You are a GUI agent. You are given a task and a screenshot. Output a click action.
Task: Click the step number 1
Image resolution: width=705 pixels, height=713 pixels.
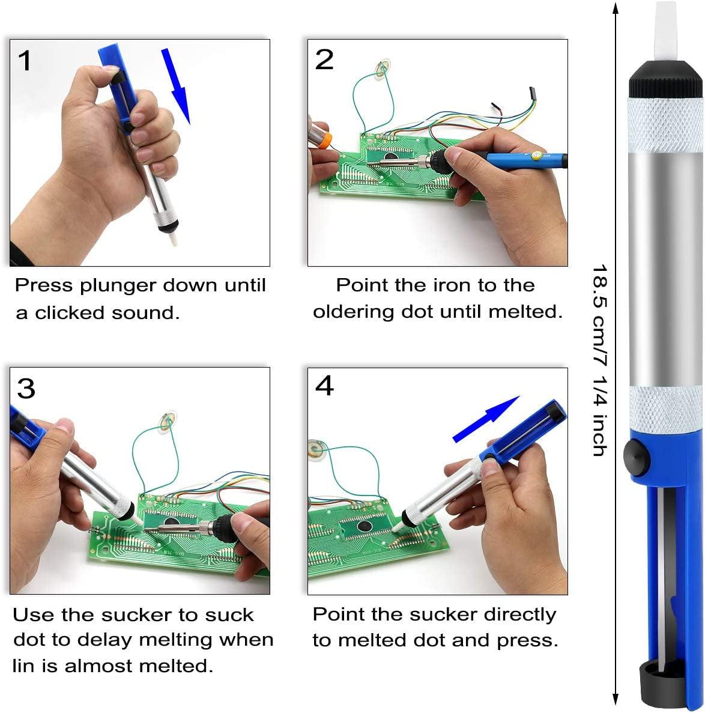coord(25,61)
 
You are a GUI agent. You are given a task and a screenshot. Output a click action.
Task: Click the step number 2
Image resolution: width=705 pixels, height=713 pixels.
coord(324,60)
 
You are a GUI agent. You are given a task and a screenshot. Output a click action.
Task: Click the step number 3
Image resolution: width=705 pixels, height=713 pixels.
coord(26,389)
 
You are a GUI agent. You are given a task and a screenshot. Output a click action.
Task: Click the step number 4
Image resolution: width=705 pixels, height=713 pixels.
coord(324,386)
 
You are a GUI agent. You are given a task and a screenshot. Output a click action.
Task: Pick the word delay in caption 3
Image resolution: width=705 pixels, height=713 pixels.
coord(107,640)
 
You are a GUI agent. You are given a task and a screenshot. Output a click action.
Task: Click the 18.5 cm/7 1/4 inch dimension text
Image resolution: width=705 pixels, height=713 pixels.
coord(600,360)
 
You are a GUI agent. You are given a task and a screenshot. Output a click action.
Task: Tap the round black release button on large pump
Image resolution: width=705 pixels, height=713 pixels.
coord(637,457)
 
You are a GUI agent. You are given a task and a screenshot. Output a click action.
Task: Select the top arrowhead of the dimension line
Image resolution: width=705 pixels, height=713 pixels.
coord(615,8)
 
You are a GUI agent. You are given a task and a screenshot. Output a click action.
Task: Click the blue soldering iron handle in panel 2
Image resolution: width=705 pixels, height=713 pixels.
coord(516,159)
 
